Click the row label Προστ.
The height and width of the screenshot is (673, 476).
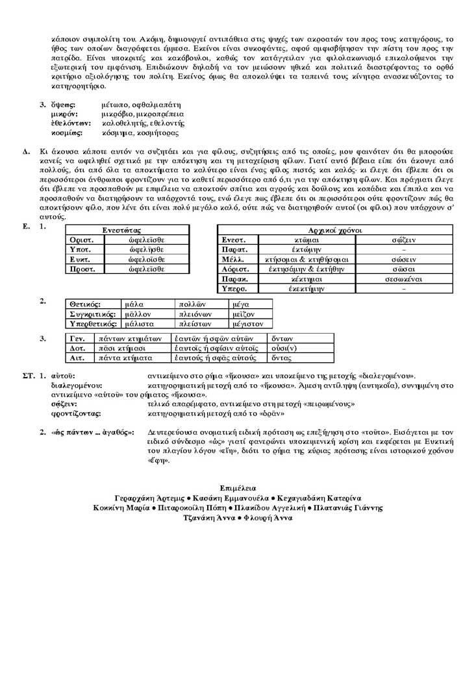pyautogui.click(x=82, y=269)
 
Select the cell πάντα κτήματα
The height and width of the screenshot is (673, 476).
pyautogui.click(x=124, y=358)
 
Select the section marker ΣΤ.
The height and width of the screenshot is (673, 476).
pyautogui.click(x=27, y=376)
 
